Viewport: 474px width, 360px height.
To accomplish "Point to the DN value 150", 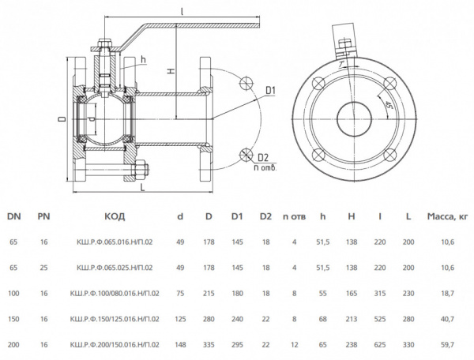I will pos(13,318).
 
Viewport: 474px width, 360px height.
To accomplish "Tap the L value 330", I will pos(407,344).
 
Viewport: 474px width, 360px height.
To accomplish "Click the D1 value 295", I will pos(236,344).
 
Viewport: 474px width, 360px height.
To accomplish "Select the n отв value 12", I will pos(294,344).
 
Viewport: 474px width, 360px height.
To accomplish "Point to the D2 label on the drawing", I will pos(263,156).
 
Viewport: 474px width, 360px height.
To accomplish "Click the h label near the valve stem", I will pos(143,60).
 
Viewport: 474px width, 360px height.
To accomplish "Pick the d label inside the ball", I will pos(94,119).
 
